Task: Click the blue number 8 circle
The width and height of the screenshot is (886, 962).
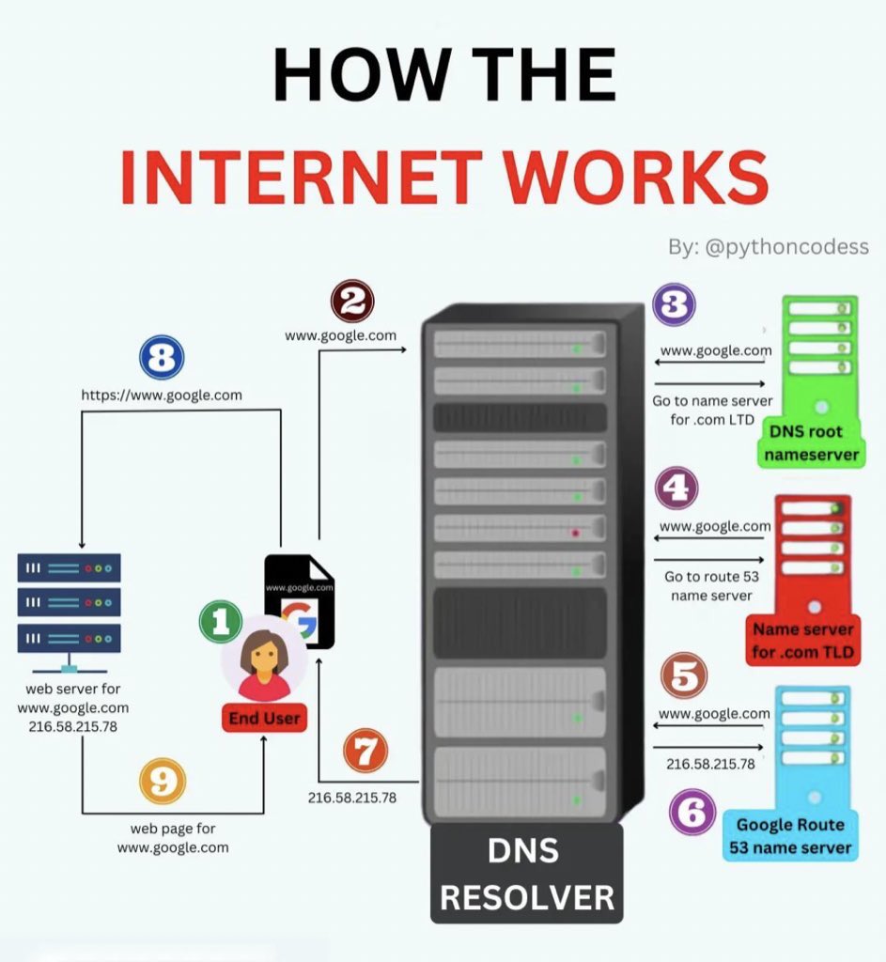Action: coord(162,357)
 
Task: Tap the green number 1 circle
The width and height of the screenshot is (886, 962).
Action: coord(221,622)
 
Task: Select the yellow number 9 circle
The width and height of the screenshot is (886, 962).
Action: coord(163,781)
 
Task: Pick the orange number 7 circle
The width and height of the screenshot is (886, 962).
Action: coord(365,751)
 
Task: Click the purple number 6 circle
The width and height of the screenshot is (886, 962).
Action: coord(692,812)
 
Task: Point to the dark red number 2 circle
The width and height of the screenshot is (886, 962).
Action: coord(352,302)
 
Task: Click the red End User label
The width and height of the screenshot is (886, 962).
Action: coord(264,718)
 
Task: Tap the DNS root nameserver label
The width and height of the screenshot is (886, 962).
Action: coord(811,443)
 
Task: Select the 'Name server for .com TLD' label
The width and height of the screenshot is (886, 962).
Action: coord(803,641)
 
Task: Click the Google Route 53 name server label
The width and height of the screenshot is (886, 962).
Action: coord(790,835)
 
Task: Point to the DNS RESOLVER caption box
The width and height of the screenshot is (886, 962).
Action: coord(526,874)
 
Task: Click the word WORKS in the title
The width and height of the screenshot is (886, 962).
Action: coord(635,178)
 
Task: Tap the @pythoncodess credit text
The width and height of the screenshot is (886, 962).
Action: coord(787,247)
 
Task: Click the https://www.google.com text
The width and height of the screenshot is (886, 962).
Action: coord(162,396)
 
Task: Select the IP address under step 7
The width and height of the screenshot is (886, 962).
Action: coord(352,798)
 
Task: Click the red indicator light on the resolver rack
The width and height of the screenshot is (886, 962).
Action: coord(576,534)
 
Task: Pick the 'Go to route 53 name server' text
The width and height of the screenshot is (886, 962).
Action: coord(712,586)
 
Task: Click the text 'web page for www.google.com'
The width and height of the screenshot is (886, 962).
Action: coord(173,838)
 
